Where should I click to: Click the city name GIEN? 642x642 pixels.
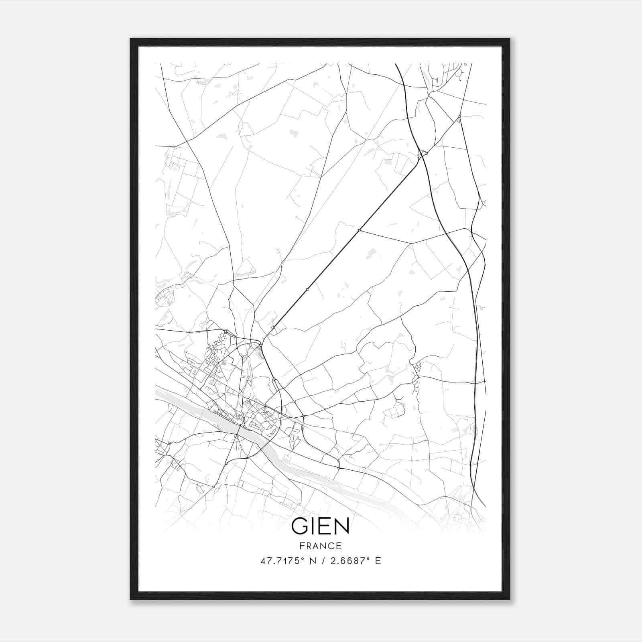tap(320, 526)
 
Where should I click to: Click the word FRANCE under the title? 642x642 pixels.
tap(320, 546)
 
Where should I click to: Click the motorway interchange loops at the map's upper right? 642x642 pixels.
tap(422, 154)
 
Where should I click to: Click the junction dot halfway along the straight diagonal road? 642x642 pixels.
tap(307, 289)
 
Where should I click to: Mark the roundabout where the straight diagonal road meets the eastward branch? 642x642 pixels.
tap(360, 230)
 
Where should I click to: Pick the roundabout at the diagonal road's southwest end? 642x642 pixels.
tap(274, 328)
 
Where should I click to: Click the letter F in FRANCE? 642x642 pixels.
tap(301, 546)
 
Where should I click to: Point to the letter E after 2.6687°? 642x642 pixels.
tap(378, 561)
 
